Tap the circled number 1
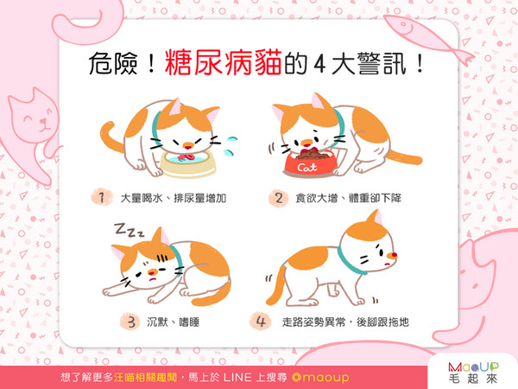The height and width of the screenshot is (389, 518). point(102,198)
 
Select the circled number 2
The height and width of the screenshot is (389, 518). point(278,198)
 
